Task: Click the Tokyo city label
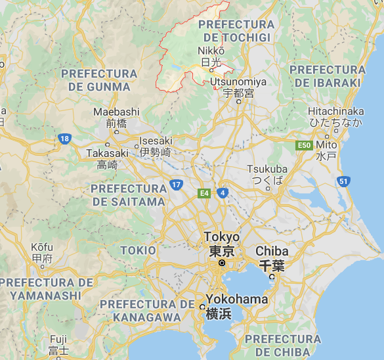(x=222, y=237)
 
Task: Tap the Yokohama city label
(x=237, y=300)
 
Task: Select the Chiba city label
(x=272, y=251)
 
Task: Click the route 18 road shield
(x=64, y=139)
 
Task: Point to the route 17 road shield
(x=176, y=185)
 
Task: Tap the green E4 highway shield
(x=205, y=193)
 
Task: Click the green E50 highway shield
(x=303, y=145)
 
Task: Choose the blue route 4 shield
(x=223, y=192)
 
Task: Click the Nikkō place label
(x=211, y=51)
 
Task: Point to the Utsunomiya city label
(x=238, y=82)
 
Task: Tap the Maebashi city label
(x=116, y=112)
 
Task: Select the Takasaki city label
(x=107, y=153)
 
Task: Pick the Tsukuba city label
(x=268, y=169)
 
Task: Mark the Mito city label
(x=326, y=144)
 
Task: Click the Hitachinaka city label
(x=335, y=112)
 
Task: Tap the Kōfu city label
(x=41, y=247)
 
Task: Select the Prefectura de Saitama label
(x=129, y=195)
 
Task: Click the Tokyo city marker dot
(x=222, y=263)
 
